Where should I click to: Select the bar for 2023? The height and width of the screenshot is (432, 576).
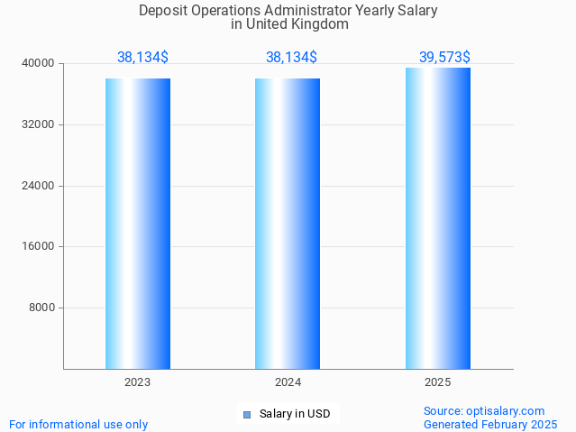[x=138, y=224]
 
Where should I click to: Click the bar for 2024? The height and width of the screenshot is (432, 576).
[x=288, y=224]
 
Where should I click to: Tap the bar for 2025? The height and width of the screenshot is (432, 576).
[x=438, y=218]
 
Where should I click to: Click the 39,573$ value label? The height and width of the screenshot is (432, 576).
[x=444, y=57]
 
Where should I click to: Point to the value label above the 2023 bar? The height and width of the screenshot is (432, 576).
[x=142, y=57]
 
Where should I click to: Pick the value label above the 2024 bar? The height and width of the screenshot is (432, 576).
[x=291, y=57]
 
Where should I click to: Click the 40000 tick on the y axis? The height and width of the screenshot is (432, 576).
[x=39, y=63]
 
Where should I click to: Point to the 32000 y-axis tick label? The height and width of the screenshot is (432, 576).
[x=39, y=124]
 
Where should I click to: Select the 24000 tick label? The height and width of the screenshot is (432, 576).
[x=39, y=186]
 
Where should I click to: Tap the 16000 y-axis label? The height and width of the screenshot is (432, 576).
[x=39, y=246]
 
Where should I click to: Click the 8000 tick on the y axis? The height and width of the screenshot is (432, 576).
[x=41, y=308]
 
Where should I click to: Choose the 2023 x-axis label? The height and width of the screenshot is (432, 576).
[x=138, y=382]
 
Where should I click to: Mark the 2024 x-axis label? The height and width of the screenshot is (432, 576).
[x=288, y=382]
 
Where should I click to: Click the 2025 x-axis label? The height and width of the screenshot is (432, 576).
[x=438, y=382]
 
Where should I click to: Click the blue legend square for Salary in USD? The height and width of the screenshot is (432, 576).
[x=247, y=415]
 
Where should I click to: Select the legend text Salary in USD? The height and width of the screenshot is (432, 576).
[x=295, y=415]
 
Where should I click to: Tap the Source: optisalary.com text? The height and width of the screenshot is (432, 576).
[x=484, y=411]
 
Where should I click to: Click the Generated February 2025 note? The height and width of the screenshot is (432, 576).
[x=490, y=424]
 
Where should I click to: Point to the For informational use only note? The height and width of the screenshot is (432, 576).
[x=78, y=424]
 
